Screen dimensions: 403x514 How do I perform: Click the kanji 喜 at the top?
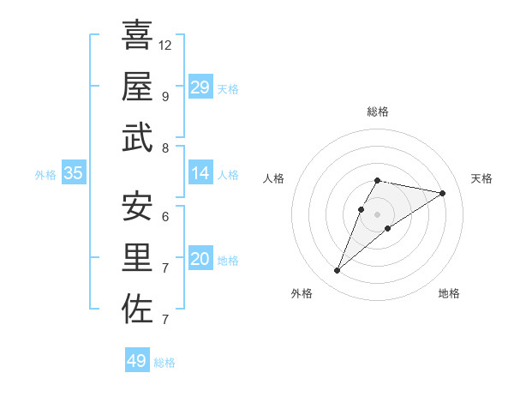click(x=137, y=35)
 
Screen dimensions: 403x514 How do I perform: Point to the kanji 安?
click(x=137, y=206)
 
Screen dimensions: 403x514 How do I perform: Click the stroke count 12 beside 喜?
click(x=165, y=45)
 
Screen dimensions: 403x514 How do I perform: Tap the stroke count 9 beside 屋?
click(x=164, y=96)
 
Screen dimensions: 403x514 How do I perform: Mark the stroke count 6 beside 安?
click(x=164, y=216)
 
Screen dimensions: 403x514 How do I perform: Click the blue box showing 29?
click(x=200, y=87)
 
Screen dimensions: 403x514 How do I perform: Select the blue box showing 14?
click(x=200, y=173)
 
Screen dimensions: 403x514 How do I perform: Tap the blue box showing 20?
click(x=200, y=259)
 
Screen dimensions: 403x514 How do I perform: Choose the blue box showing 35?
click(x=74, y=173)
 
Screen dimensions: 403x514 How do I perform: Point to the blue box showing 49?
click(x=137, y=361)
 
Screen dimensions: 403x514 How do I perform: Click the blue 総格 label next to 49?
click(x=164, y=363)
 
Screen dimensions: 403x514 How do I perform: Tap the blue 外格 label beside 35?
click(x=45, y=175)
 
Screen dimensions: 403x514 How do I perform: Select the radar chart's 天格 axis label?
click(x=481, y=178)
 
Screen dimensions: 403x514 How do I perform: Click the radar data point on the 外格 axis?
click(x=337, y=271)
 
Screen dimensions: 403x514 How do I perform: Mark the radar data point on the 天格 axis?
click(x=442, y=194)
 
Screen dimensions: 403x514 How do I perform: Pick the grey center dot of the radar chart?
click(x=377, y=214)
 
